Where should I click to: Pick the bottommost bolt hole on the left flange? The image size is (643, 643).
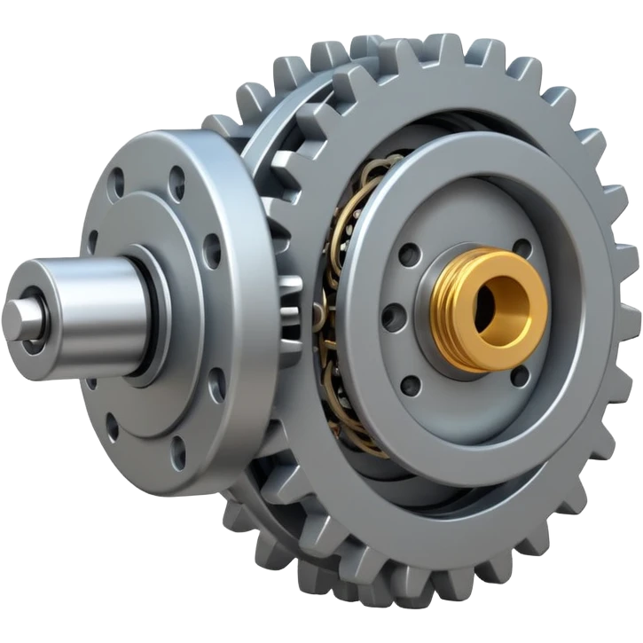(178, 452)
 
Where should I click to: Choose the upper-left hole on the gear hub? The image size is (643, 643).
(409, 255)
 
